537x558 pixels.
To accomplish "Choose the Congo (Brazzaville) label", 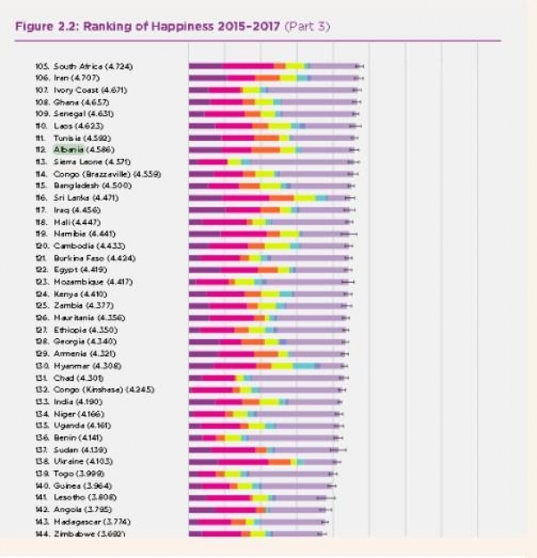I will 107,174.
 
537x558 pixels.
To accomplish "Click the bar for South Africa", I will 273,66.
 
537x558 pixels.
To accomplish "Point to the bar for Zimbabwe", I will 256,534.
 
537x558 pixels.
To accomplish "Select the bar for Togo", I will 260,474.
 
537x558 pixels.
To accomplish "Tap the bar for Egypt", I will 268,270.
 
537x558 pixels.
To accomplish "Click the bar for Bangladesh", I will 268,186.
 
